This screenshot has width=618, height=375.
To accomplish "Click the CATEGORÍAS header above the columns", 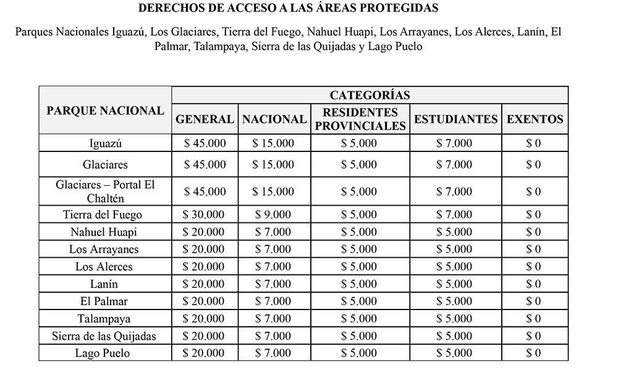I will tap(370, 95).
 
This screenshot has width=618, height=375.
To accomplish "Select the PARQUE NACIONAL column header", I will tap(105, 111).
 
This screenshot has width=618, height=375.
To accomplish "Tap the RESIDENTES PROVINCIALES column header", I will tap(360, 119).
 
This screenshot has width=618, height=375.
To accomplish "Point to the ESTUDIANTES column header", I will tap(455, 119).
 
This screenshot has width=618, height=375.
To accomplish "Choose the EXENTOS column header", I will tap(535, 119).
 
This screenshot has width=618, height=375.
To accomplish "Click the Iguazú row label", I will tap(105, 143).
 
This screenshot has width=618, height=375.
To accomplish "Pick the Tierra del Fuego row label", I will tap(105, 215).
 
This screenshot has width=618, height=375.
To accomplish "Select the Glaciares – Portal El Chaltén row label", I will tap(105, 192).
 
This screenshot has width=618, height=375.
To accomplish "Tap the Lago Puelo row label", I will tap(105, 353).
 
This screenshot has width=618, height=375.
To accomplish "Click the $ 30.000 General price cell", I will tap(205, 215).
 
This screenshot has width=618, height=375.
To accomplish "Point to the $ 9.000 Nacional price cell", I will tap(273, 215).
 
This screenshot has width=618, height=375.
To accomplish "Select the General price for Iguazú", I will tap(205, 143).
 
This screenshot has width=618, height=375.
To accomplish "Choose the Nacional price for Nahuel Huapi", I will tap(273, 232).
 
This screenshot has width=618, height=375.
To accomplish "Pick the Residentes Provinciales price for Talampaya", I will tap(359, 319).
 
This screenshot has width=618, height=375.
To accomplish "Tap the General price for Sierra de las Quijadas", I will tap(205, 336).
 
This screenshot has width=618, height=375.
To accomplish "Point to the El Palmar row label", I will tap(105, 301).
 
